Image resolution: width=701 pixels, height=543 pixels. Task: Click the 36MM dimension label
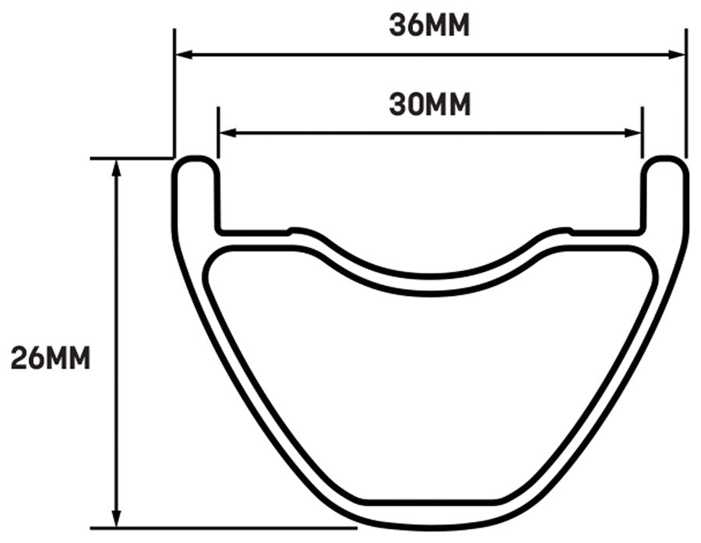click(x=430, y=26)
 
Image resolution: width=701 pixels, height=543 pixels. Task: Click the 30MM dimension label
click(x=430, y=104)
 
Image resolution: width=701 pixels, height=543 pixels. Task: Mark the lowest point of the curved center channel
click(x=430, y=274)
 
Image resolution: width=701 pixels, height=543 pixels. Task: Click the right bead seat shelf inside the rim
click(x=608, y=231)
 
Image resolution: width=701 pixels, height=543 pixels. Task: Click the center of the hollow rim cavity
click(x=430, y=390)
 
